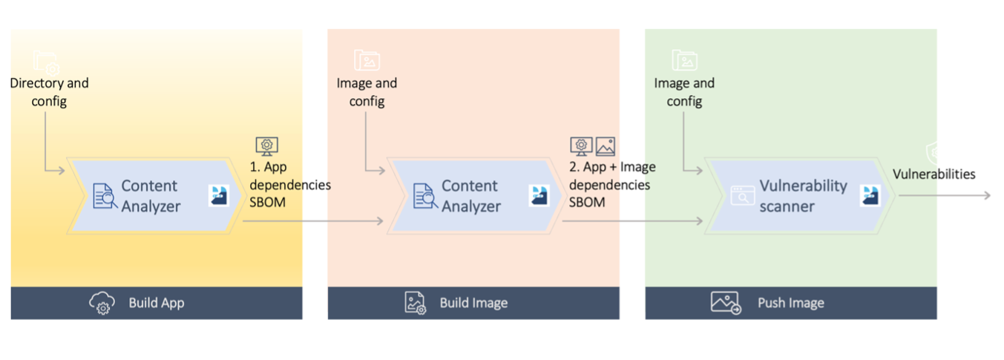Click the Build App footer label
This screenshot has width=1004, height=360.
pos(156,303)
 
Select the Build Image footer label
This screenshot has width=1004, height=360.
pos(473,303)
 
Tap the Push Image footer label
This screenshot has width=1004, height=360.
pos(790,303)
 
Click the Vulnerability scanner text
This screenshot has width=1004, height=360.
pos(802,196)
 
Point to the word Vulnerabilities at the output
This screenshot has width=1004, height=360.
pos(934,174)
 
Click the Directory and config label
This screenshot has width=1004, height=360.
pos(49,92)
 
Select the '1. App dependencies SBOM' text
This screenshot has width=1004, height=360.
pos(289,184)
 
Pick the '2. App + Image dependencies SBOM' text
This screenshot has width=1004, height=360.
pos(611,184)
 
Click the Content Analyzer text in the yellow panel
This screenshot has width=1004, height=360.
pos(150,196)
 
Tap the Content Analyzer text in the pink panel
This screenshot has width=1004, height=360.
pos(470,196)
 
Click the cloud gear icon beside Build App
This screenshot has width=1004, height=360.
pos(102,303)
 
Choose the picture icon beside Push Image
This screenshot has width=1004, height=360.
pos(726,303)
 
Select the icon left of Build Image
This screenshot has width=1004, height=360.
pos(415,303)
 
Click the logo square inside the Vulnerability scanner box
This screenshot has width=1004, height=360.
pos(870,195)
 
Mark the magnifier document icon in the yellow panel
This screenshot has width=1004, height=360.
pos(103,196)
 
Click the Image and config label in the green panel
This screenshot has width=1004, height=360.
pos(684,92)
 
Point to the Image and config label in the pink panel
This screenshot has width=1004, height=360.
pos(367,92)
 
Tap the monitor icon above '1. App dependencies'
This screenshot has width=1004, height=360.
pos(266,145)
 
